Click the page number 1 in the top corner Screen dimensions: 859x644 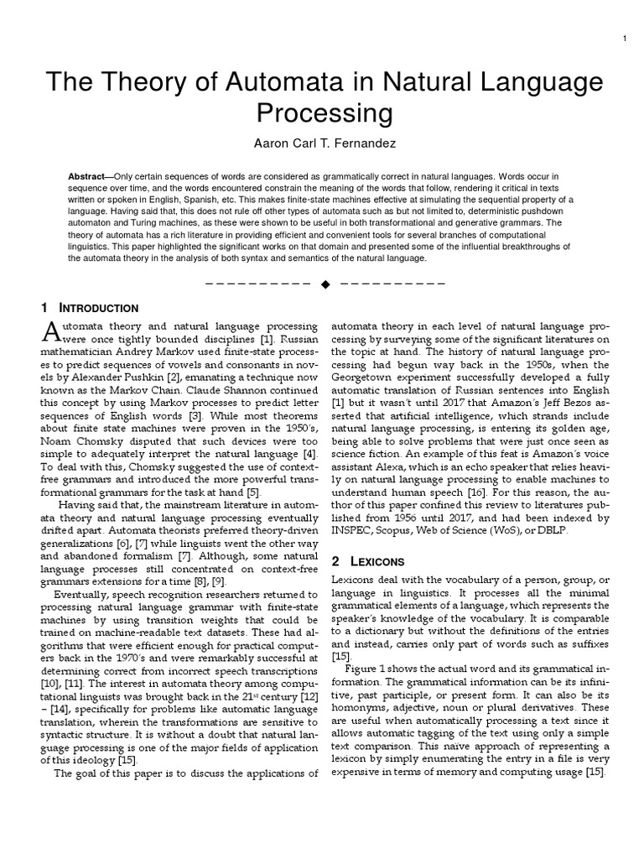626,39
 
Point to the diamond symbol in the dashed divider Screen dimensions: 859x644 325,284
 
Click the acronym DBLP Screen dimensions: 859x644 563,528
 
